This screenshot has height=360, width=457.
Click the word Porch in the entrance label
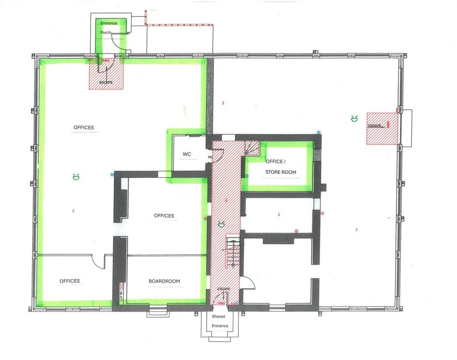coord(105,32)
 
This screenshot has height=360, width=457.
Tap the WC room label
coord(187,154)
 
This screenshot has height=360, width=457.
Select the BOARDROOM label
coord(164,281)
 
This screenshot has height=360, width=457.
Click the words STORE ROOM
coord(281,172)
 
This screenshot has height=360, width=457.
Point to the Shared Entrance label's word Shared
coord(218,316)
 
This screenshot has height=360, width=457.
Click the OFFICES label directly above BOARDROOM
coord(164,215)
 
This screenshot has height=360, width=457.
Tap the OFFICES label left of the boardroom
coord(70,281)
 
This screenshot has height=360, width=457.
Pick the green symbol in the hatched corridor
coord(221,223)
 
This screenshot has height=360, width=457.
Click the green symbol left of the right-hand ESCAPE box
coord(354,119)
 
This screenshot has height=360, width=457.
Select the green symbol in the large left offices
coord(76,177)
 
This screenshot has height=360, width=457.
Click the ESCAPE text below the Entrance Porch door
coord(106,83)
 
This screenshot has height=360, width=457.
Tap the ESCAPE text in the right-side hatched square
coord(374,126)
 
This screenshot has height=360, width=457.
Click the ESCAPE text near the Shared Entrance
coord(224,289)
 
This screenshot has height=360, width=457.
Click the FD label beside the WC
coord(210,157)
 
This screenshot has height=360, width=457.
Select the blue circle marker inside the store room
coord(247,176)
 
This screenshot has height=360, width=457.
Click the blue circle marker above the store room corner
coord(319,132)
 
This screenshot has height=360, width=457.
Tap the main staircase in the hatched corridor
coord(233,252)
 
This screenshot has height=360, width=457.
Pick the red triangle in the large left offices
coord(74,210)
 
